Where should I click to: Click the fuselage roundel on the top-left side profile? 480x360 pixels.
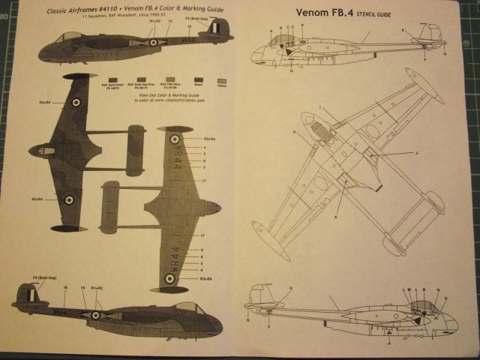click(154, 43)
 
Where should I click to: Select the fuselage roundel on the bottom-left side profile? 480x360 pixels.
click(95, 315)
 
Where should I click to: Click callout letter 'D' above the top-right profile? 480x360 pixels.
click(299, 26)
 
